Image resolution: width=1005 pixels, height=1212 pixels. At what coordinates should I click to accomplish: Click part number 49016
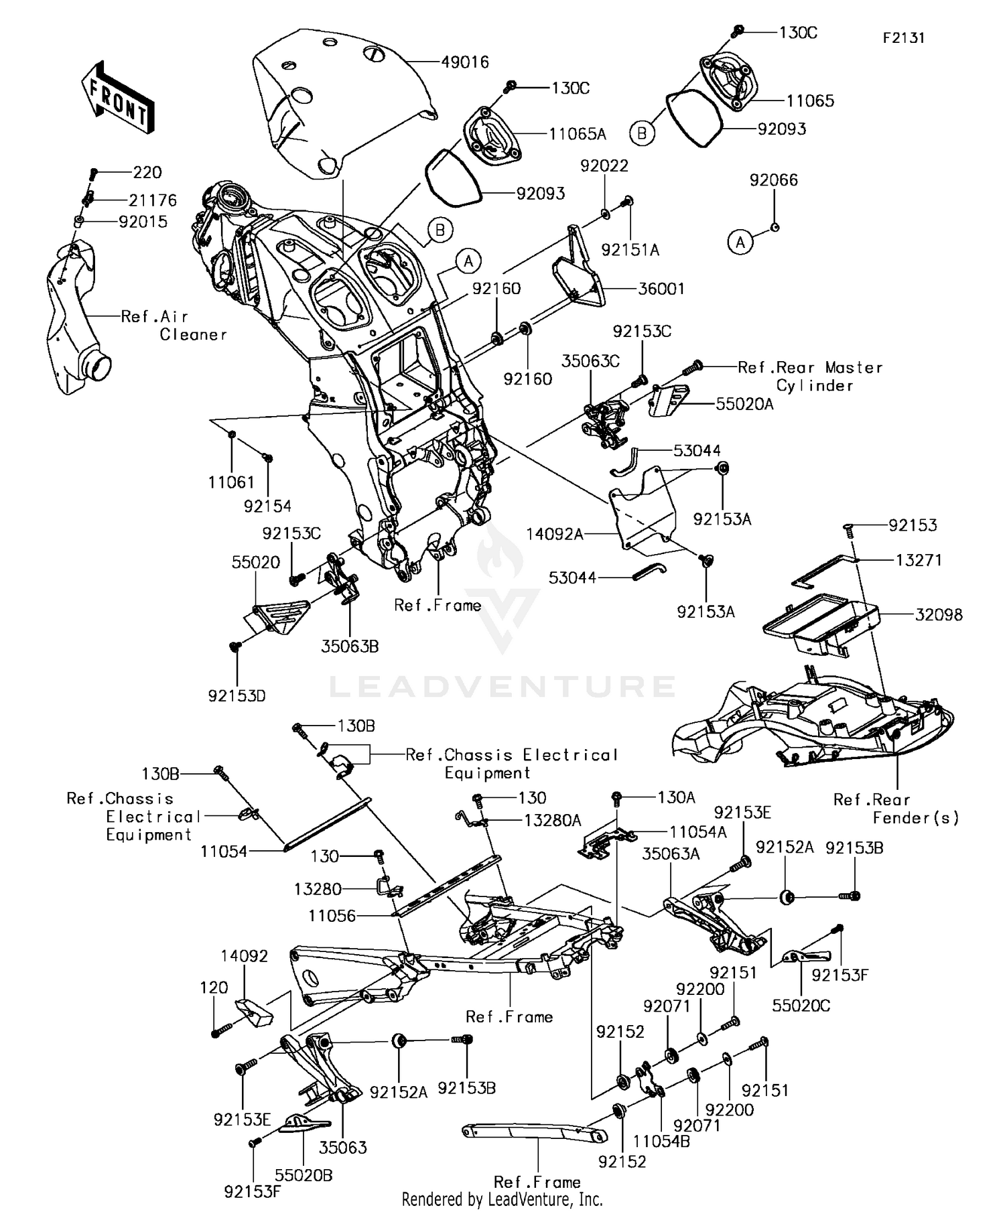pos(465,62)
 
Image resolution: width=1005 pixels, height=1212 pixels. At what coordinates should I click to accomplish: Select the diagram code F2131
pos(903,38)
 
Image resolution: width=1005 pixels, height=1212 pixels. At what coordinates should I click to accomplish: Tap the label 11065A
pos(577,134)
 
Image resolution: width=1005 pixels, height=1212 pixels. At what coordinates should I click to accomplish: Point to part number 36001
pos(661,289)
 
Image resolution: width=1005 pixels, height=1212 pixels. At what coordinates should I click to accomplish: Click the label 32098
pos(939,614)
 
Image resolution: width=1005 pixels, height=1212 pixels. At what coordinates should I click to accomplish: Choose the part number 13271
pos(919,560)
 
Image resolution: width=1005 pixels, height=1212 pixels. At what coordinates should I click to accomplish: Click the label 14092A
pos(555,534)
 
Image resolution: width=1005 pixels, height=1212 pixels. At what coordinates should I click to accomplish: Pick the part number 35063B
pos(350,647)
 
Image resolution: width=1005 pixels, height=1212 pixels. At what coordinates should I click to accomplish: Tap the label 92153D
pos(237,696)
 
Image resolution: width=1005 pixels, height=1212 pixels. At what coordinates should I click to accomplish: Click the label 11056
pos(332,916)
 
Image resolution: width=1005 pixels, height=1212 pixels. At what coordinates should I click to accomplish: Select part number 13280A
pos(553,821)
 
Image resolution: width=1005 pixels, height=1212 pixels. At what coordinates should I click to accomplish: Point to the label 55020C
pos(801,1006)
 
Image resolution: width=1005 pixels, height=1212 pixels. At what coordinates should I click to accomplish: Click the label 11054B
pos(661,1141)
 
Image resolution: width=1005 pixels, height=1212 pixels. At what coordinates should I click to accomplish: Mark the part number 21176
pos(153,200)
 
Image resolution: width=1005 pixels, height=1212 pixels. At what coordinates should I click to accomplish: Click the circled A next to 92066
pos(740,242)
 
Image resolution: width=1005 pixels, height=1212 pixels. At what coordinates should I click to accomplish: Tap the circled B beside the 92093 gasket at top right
pos(642,133)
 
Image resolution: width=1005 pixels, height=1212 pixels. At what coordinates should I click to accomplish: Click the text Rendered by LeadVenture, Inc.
pos(502,1199)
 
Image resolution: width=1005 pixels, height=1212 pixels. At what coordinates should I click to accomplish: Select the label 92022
pos(604,165)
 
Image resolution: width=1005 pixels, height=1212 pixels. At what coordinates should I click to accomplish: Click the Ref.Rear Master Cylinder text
pos(810,376)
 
